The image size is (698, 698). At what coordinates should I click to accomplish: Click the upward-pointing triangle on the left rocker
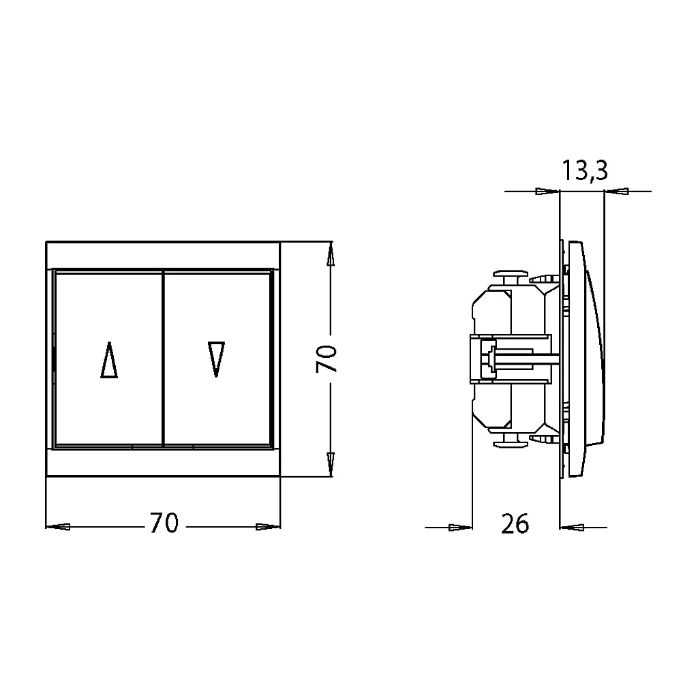109,360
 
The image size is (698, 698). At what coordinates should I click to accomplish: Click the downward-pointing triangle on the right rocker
216,359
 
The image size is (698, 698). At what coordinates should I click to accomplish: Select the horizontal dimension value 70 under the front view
164,523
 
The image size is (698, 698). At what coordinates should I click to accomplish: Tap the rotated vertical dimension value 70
327,359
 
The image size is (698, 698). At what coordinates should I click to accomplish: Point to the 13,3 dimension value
584,170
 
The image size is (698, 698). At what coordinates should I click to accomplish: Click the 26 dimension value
515,523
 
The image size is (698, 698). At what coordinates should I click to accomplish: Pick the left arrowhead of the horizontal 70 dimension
58,527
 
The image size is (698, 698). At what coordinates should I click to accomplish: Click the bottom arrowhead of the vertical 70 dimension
331,465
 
